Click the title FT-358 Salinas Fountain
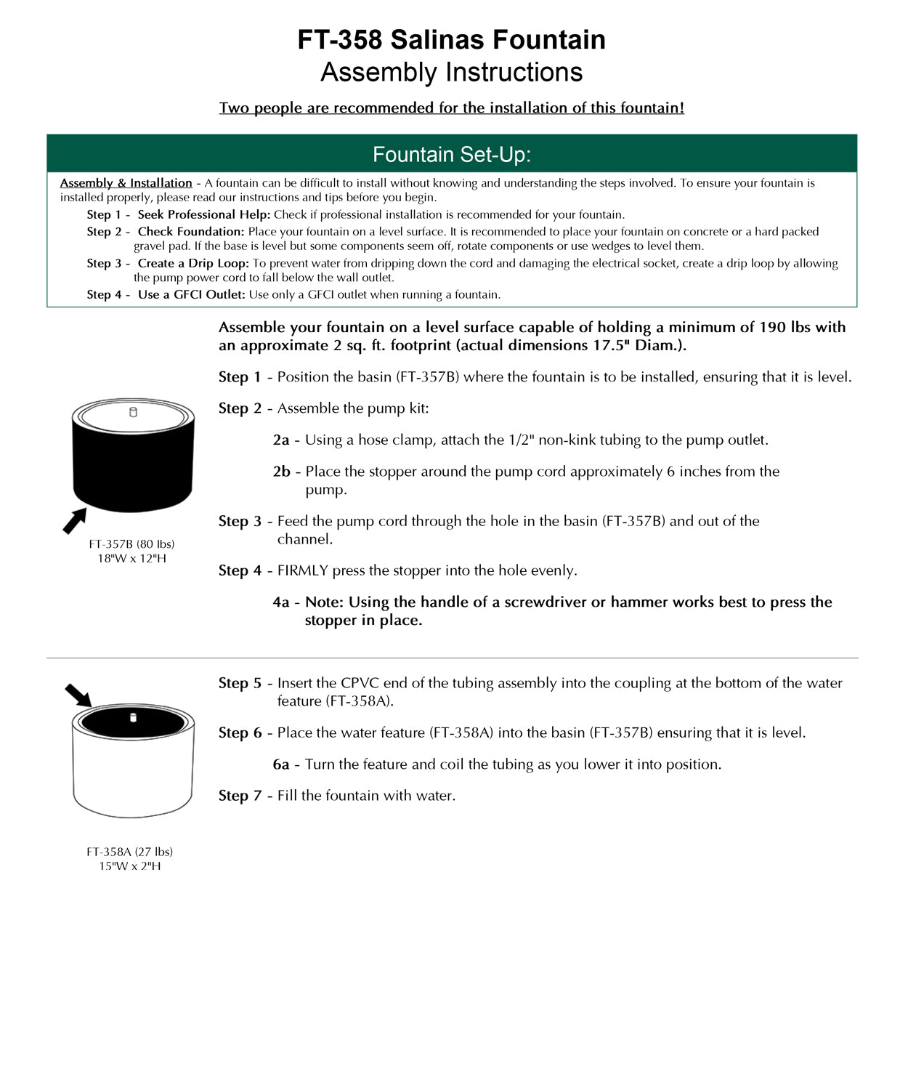(451, 39)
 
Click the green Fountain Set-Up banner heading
(451, 154)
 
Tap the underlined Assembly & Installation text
(126, 183)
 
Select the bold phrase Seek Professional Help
(203, 214)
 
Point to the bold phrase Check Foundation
(190, 232)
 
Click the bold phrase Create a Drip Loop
(192, 263)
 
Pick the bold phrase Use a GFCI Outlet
(191, 294)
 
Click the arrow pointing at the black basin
(74, 521)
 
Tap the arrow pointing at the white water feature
(78, 695)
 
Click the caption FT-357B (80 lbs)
(131, 544)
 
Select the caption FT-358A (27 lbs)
(129, 852)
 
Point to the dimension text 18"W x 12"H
(131, 558)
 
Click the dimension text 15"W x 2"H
(129, 866)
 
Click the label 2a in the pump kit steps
(281, 440)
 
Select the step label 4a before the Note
(281, 602)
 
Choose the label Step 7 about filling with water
(240, 796)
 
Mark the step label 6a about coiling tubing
(281, 764)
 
